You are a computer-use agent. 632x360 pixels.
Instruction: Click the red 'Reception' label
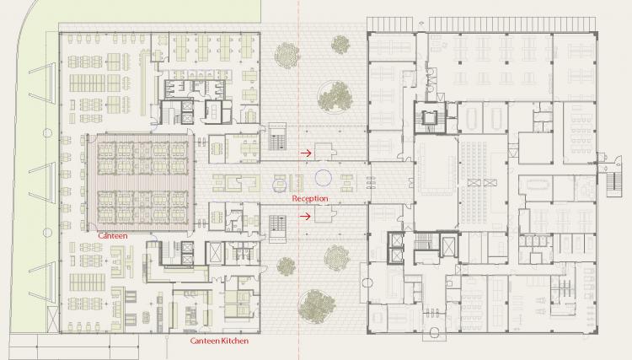point(310,198)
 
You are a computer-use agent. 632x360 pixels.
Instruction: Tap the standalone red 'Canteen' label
point(112,235)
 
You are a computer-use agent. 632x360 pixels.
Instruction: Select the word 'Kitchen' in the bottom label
point(233,341)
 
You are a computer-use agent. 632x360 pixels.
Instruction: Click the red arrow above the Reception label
point(306,153)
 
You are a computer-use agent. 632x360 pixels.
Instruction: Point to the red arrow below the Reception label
point(306,217)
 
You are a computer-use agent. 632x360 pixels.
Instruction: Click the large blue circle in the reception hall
point(324,178)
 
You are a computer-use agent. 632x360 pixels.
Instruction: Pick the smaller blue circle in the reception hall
point(279,185)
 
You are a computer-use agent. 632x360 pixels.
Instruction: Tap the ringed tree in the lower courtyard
point(317,306)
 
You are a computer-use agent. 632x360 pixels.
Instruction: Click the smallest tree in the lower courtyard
point(287,266)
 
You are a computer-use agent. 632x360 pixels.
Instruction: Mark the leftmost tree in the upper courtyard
point(287,55)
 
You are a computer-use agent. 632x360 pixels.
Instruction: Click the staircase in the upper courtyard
point(277,137)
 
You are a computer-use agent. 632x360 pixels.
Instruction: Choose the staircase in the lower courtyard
point(277,228)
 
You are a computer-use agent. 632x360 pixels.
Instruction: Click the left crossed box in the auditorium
point(474,183)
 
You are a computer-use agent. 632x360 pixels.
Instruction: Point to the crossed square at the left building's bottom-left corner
point(53,320)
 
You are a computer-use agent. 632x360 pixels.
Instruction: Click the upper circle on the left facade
point(47,132)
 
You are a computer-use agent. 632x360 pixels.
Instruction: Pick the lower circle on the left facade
point(47,233)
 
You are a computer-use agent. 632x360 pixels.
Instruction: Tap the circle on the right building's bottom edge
point(434,332)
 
